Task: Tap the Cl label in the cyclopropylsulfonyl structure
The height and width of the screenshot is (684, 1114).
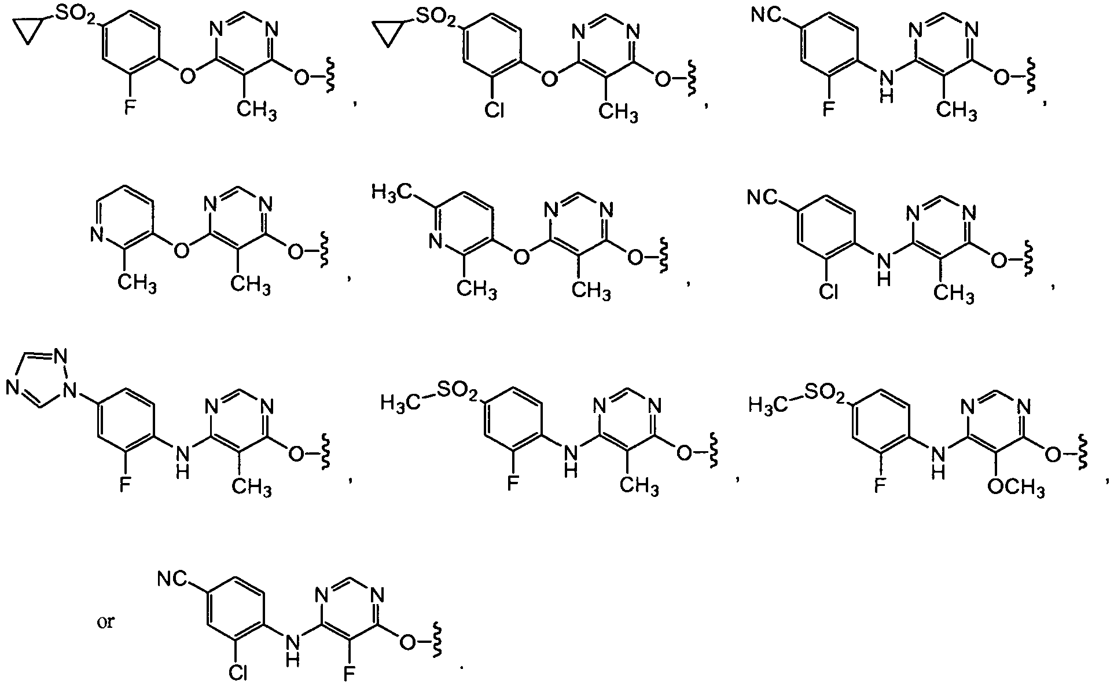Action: point(494,109)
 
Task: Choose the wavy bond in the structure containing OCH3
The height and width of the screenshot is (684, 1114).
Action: point(1082,448)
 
